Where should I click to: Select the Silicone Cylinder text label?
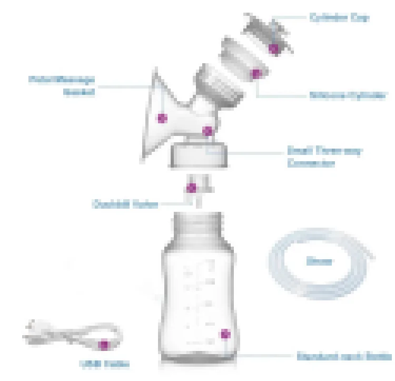[x=348, y=96]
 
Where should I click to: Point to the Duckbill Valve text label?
[x=125, y=204]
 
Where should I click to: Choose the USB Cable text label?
[x=104, y=364]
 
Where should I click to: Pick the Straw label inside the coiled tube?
[x=319, y=260]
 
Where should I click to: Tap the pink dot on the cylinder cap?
[x=274, y=48]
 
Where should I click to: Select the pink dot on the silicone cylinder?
[x=256, y=74]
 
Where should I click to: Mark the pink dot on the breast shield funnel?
[x=162, y=118]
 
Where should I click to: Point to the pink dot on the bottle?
[x=225, y=333]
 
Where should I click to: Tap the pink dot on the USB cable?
[x=104, y=345]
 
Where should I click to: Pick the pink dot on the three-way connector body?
[x=208, y=130]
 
